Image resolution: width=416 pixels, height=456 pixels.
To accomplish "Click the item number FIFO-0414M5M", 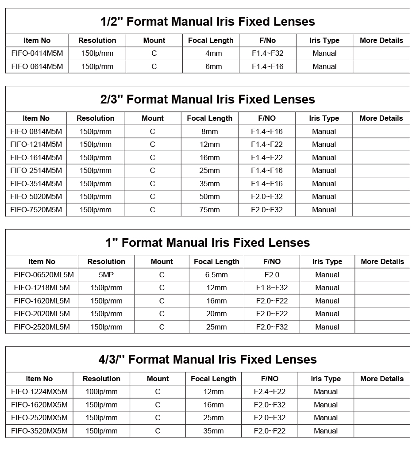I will click(x=37, y=54).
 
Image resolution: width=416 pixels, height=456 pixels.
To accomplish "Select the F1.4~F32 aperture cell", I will click(x=267, y=54).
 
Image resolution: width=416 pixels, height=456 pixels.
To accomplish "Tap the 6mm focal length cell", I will click(x=211, y=67).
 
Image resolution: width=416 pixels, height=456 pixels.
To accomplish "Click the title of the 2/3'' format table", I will click(x=208, y=99).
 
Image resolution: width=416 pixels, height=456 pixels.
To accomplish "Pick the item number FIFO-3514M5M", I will click(x=36, y=184).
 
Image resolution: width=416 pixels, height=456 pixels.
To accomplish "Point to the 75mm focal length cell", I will click(x=210, y=210).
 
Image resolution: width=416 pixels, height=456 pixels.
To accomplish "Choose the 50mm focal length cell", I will click(x=210, y=196).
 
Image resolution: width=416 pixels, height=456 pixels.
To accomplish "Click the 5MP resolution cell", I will click(x=106, y=275).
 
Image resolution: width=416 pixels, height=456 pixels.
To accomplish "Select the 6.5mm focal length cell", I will click(x=216, y=275).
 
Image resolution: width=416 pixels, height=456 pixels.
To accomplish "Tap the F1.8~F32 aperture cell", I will click(x=272, y=287).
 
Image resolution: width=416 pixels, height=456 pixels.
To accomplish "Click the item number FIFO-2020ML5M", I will click(x=42, y=314).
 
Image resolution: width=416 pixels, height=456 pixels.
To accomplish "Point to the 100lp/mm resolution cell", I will click(x=101, y=391).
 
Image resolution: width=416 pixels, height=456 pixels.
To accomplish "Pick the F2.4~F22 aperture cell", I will click(x=270, y=391).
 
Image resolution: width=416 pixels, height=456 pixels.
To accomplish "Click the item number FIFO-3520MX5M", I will click(x=39, y=431).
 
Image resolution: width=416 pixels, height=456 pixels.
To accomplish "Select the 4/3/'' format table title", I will click(x=208, y=359).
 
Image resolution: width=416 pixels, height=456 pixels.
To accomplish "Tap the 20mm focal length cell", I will click(x=216, y=314).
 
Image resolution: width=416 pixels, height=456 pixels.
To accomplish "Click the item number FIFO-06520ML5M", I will click(x=44, y=275).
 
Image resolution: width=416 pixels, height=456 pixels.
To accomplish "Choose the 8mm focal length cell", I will click(x=210, y=131).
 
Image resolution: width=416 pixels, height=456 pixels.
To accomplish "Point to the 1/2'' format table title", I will click(x=208, y=21).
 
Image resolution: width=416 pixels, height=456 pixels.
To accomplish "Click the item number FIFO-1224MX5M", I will click(x=39, y=391).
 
